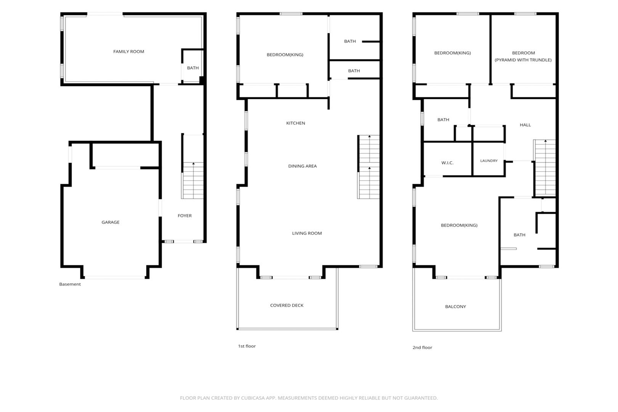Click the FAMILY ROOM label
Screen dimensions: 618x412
point(128,51)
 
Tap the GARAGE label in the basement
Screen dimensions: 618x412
point(110,222)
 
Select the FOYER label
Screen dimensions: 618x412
point(185,216)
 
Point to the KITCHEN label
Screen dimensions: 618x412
point(295,123)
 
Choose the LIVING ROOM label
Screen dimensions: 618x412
point(307,233)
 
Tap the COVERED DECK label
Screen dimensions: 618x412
point(287,306)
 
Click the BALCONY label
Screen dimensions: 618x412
point(456,306)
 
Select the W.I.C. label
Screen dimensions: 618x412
point(447,163)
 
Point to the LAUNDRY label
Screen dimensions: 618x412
point(489,161)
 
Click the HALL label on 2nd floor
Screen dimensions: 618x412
point(525,125)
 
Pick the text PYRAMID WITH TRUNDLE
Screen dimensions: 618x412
point(523,60)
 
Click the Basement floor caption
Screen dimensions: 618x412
point(70,284)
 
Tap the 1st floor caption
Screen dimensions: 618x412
point(247,346)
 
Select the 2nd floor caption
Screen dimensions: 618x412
point(422,348)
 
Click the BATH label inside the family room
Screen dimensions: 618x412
point(193,68)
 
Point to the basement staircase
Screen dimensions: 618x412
point(193,180)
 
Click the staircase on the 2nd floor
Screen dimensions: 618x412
point(545,168)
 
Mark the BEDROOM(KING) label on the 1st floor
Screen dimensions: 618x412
point(285,55)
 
